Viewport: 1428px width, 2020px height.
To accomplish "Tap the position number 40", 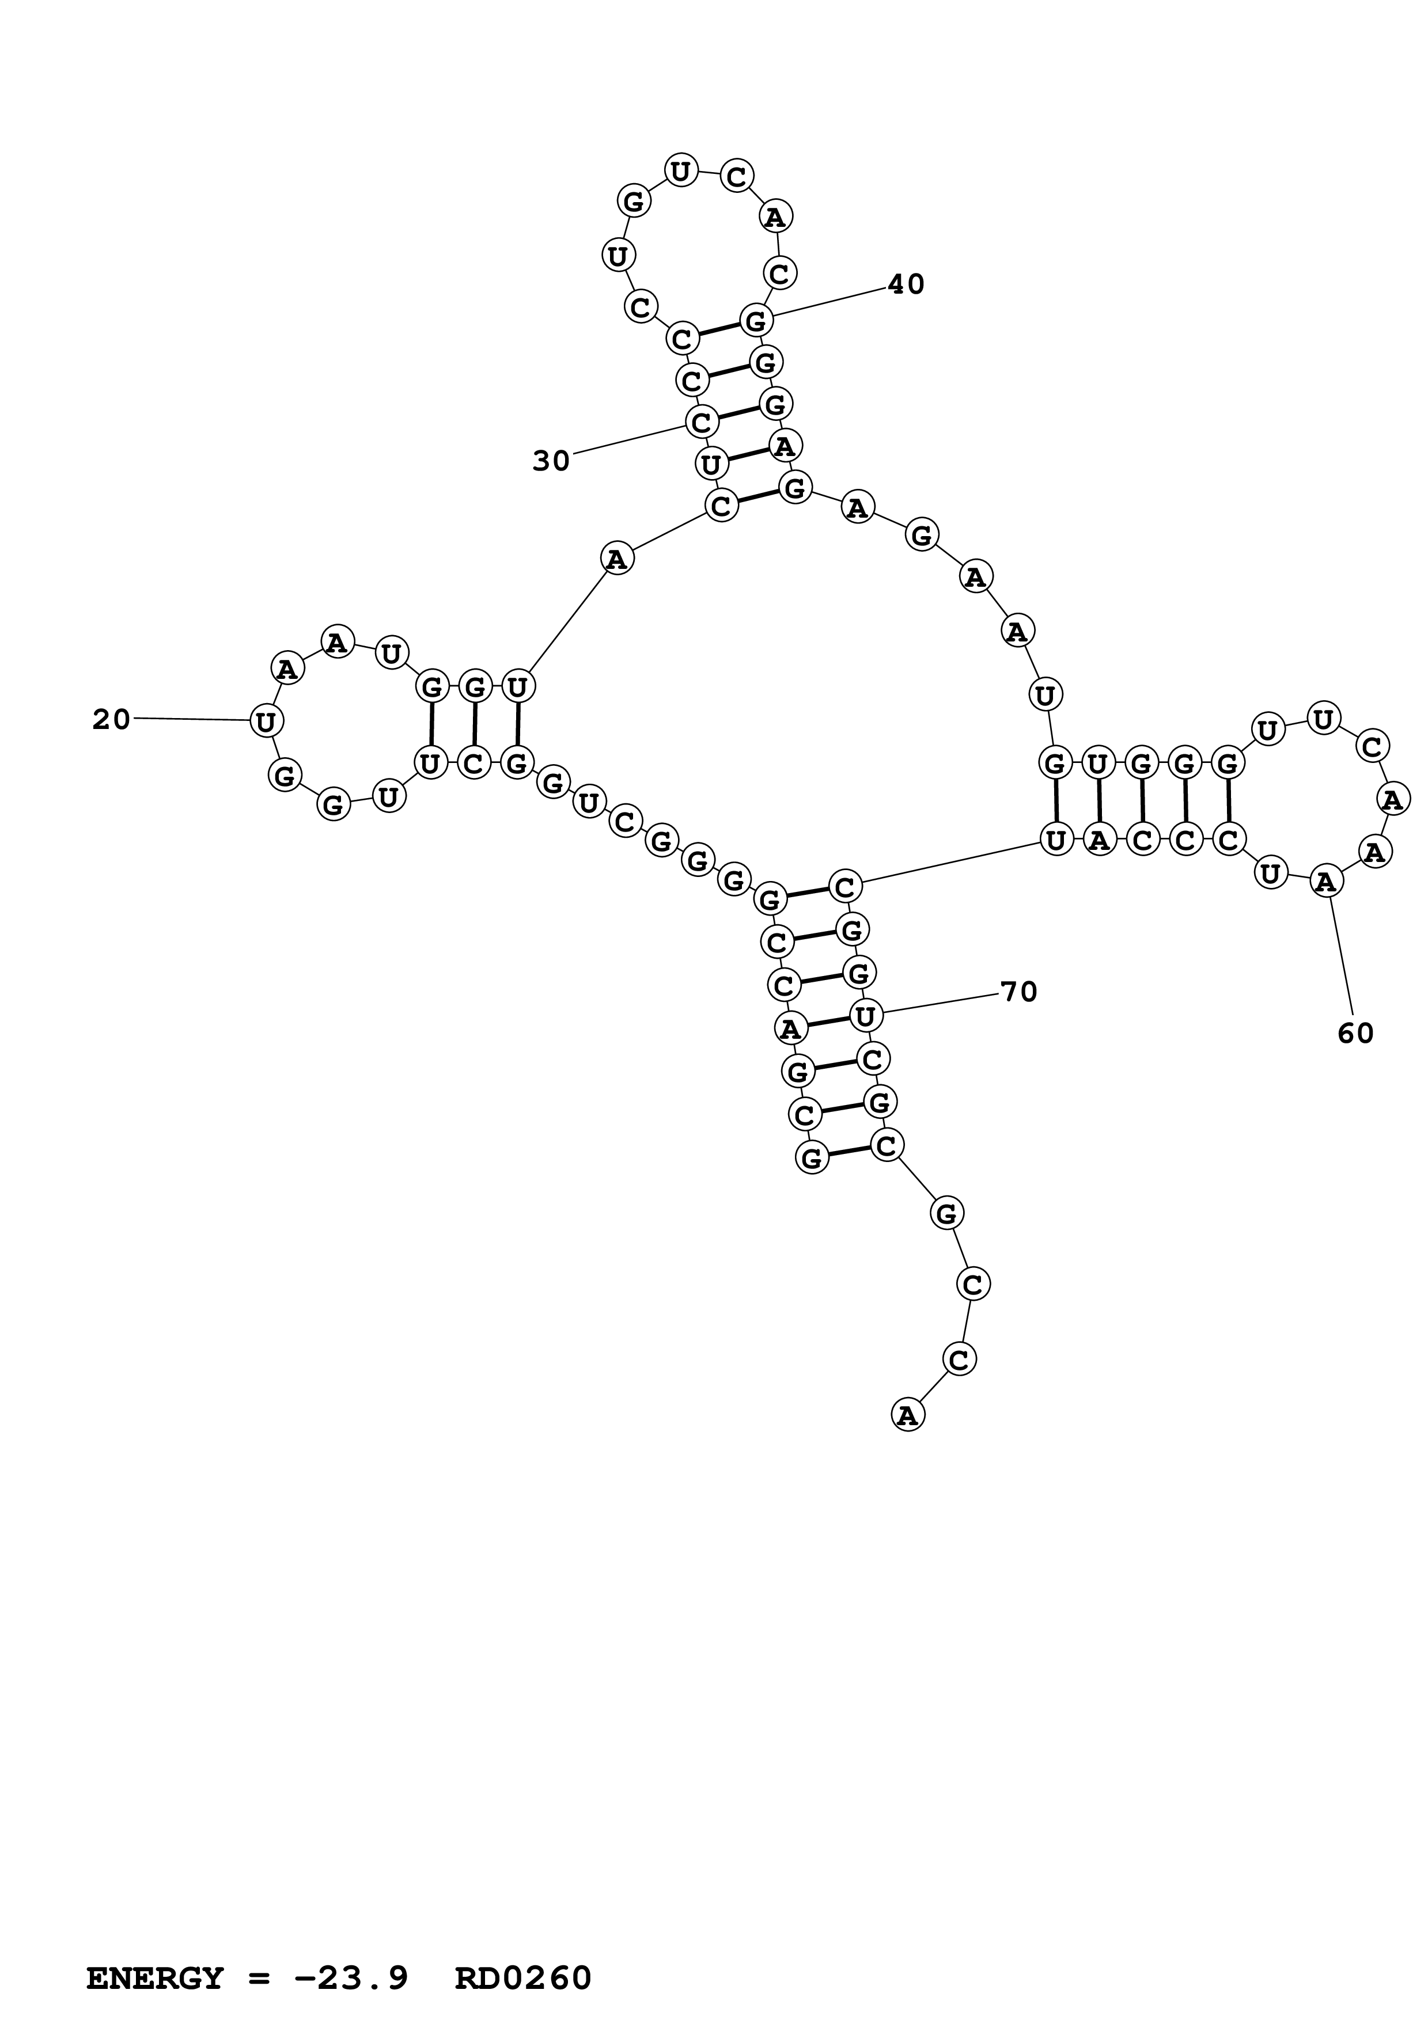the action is [906, 284].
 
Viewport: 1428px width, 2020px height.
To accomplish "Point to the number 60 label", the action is [1356, 1034].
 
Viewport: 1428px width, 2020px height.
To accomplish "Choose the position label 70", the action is [1020, 992].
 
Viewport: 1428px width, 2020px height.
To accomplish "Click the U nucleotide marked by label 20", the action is [265, 722].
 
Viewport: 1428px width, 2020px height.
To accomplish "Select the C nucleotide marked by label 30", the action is [700, 423].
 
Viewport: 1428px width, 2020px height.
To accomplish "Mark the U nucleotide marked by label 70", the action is [866, 1016].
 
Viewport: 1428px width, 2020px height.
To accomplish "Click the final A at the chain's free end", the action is [908, 1415].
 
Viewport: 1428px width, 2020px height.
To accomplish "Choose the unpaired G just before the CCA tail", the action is [947, 1214].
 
